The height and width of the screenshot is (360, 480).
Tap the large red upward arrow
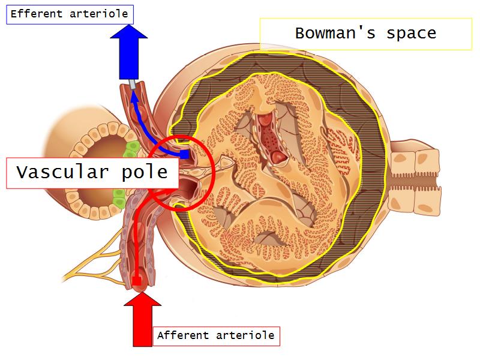pyautogui.click(x=142, y=321)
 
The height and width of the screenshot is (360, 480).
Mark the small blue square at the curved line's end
pyautogui.click(x=185, y=154)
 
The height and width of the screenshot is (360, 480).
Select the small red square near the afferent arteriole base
pyautogui.click(x=137, y=281)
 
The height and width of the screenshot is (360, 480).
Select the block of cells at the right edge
pyautogui.click(x=413, y=181)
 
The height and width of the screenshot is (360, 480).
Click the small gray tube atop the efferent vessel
pyautogui.click(x=131, y=85)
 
